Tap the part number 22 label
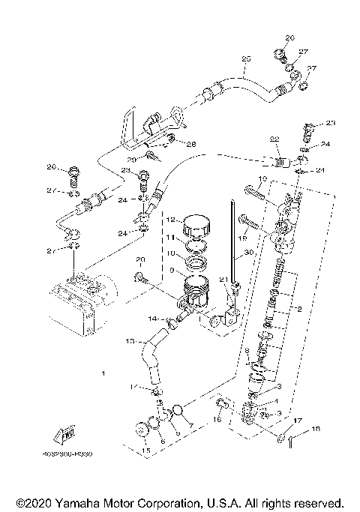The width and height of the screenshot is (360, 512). [x=274, y=139]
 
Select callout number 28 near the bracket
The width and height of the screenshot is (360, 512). [x=191, y=144]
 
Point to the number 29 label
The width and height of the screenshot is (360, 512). [x=131, y=160]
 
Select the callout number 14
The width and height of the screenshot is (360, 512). [x=152, y=319]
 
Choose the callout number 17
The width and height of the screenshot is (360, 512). [x=296, y=421]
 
